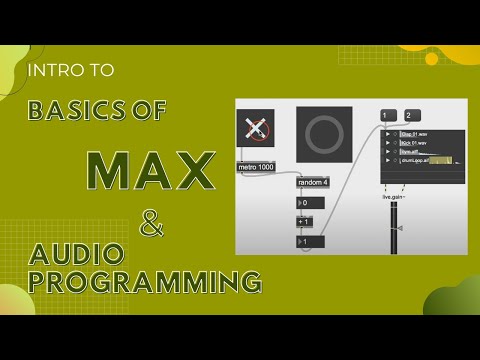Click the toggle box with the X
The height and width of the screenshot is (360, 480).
tap(255, 130)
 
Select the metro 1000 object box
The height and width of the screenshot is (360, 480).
tap(256, 166)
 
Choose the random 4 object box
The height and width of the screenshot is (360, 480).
tap(313, 182)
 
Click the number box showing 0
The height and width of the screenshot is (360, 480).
tap(306, 203)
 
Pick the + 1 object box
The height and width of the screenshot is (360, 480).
tap(306, 222)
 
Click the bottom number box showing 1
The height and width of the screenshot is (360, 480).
tap(306, 242)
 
